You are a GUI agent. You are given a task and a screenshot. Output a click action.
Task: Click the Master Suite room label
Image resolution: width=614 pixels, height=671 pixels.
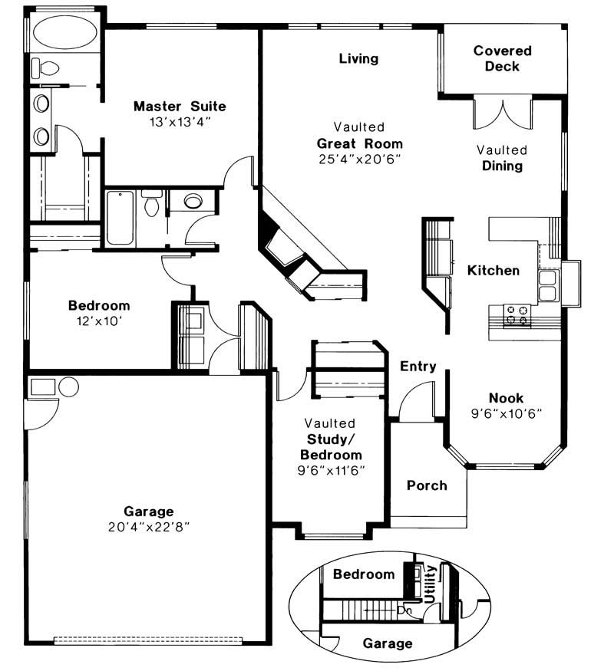180,106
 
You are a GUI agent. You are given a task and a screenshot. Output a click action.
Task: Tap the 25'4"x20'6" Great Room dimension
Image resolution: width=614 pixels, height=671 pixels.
360,160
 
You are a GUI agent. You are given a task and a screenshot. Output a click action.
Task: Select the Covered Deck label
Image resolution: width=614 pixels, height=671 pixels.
502,58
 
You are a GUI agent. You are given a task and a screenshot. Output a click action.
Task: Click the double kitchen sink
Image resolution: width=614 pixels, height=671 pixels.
548,285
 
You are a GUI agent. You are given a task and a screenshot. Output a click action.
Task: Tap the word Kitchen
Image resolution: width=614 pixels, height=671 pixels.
494,270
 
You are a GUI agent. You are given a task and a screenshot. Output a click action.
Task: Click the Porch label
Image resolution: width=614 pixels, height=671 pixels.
427,485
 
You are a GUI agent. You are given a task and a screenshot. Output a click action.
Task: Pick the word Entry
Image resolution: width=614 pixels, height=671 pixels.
418,367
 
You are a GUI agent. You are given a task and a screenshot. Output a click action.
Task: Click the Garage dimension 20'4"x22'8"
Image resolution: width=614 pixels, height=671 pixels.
149,527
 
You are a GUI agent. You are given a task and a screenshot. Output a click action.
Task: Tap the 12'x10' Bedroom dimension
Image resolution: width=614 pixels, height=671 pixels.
99,321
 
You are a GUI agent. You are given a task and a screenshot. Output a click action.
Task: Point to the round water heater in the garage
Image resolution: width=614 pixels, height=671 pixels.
68,386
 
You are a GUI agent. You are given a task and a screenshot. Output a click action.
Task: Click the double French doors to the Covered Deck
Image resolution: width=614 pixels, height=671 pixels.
500,113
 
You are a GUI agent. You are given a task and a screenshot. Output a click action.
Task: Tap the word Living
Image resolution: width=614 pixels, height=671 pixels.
358,58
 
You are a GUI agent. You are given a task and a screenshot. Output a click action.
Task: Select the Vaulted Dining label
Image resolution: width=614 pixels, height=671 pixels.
502,158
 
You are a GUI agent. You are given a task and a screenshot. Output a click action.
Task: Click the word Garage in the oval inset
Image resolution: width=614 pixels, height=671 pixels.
388,643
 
